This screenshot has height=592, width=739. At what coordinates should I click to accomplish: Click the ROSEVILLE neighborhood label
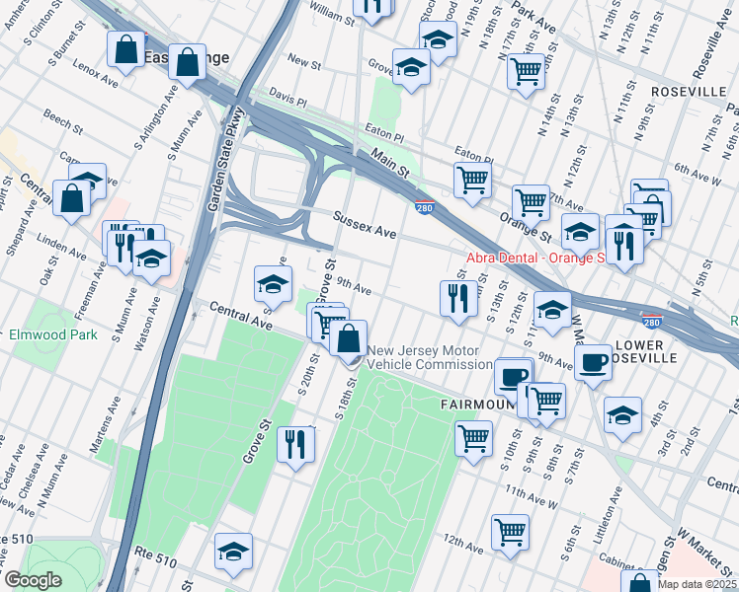[x=689, y=91]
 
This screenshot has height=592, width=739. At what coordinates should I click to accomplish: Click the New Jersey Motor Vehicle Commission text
[x=424, y=357]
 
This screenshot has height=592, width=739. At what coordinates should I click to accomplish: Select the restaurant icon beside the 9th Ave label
[x=456, y=299]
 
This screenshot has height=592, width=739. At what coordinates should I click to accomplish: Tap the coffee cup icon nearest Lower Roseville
[x=593, y=362]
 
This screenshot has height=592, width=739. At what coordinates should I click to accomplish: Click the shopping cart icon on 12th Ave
[x=511, y=532]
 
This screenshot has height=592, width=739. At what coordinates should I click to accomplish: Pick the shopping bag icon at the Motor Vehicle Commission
[x=349, y=338]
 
